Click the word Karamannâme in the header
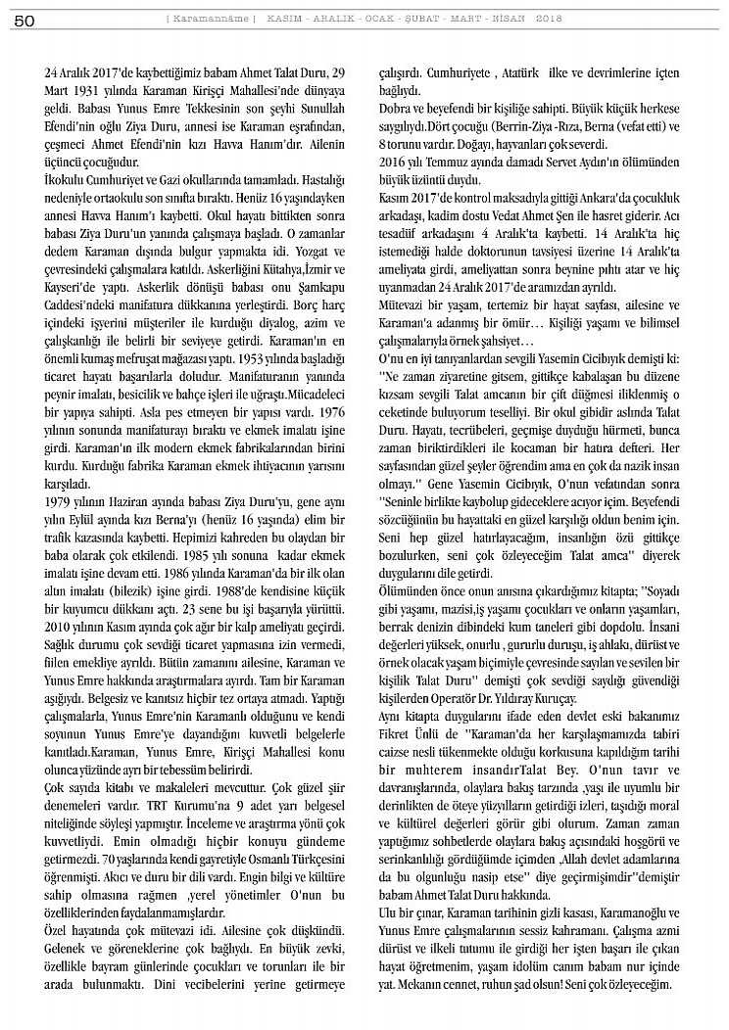pyautogui.click(x=213, y=18)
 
